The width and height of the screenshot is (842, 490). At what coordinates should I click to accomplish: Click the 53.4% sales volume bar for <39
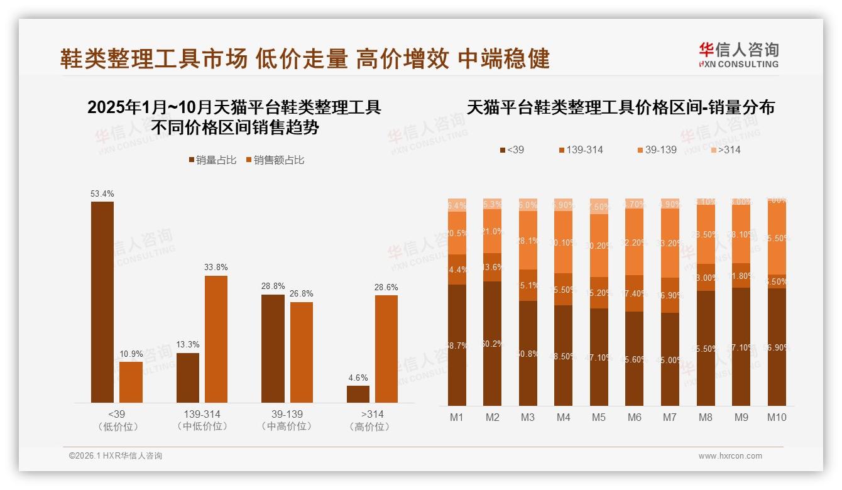[x=102, y=302]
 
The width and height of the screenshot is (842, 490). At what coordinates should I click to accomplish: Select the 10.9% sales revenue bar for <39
[x=131, y=382]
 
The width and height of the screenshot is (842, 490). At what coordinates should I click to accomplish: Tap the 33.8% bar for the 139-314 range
[x=216, y=339]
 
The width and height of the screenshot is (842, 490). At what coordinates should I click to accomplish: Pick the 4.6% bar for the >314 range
[x=358, y=394]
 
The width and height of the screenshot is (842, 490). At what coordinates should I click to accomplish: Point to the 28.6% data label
[x=386, y=287]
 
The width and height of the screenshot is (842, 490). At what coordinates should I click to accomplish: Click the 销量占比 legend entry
[x=212, y=160]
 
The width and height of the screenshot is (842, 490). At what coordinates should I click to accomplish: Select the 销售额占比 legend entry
[x=275, y=160]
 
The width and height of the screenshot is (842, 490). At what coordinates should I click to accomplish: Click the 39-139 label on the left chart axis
[x=287, y=415]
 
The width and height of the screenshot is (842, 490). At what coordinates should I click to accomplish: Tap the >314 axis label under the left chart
[x=372, y=415]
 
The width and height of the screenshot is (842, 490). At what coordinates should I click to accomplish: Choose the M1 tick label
[x=457, y=417]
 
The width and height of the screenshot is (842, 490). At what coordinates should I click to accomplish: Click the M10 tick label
[x=777, y=417]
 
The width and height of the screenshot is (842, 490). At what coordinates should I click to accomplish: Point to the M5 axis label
[x=599, y=417]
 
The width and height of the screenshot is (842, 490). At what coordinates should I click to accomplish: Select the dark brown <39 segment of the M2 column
[x=493, y=343]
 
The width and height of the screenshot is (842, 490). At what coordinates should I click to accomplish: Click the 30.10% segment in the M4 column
[x=564, y=242]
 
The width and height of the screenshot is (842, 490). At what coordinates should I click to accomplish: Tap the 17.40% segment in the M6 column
[x=635, y=293]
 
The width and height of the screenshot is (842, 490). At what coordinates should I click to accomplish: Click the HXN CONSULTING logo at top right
[x=738, y=55]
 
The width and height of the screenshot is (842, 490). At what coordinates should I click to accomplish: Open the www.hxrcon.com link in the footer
[x=730, y=456]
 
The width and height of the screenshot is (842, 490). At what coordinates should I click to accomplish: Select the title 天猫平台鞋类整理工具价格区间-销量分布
[x=621, y=107]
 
